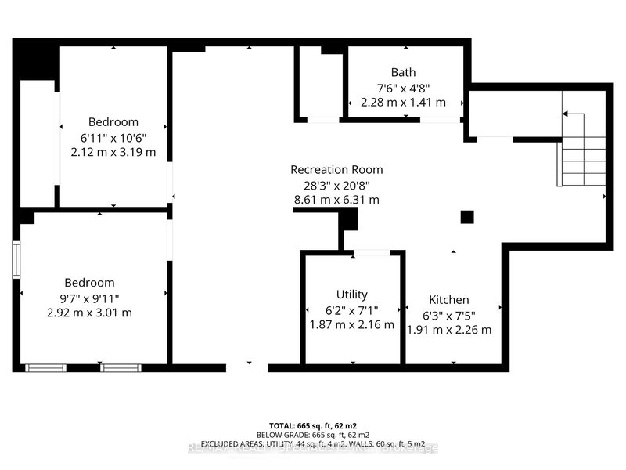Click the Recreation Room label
pyautogui.click(x=336, y=169)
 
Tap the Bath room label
pyautogui.click(x=403, y=73)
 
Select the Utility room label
pyautogui.click(x=351, y=295)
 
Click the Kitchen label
pyautogui.click(x=449, y=300)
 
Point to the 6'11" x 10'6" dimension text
pyautogui.click(x=113, y=137)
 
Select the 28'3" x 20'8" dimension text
pyautogui.click(x=336, y=185)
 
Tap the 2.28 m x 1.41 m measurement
pyautogui.click(x=403, y=102)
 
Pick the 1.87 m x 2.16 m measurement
pyautogui.click(x=352, y=324)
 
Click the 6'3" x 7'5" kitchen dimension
pyautogui.click(x=449, y=315)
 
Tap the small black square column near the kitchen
pyautogui.click(x=467, y=217)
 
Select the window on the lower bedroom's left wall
pyautogui.click(x=16, y=259)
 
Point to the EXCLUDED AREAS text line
pyautogui.click(x=313, y=443)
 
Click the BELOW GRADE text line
pyautogui.click(x=313, y=433)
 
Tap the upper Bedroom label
pyautogui.click(x=113, y=122)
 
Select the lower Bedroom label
pyautogui.click(x=89, y=283)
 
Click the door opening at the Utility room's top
pyautogui.click(x=372, y=253)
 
